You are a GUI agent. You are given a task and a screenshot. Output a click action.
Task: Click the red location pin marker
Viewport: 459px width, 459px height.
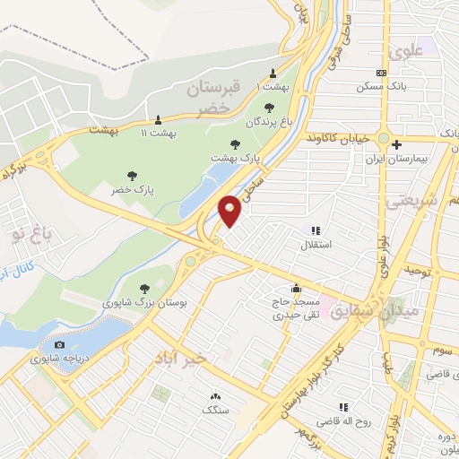[x=229, y=210]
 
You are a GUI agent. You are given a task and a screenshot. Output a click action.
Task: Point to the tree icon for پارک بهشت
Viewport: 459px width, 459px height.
[x=236, y=143]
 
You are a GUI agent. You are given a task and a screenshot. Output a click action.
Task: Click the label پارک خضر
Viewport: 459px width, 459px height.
[x=131, y=191]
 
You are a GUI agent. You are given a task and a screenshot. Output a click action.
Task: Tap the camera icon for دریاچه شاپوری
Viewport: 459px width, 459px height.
[x=59, y=345]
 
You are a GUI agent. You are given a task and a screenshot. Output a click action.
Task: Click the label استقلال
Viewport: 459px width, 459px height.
[x=320, y=245]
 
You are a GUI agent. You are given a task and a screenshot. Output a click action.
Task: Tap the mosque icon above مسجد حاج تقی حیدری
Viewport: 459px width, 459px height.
[x=295, y=289]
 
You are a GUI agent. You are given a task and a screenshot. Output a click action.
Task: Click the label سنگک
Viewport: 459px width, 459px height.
[x=215, y=411]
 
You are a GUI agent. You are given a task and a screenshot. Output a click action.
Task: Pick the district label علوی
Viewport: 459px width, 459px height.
[x=407, y=52]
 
